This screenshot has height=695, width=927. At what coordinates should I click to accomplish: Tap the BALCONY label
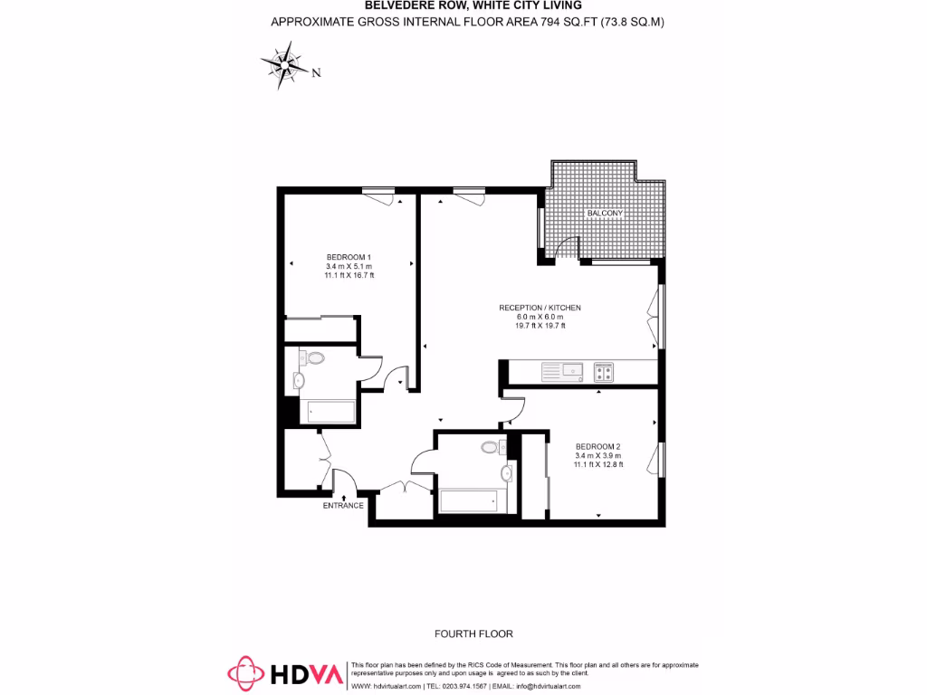point(605,213)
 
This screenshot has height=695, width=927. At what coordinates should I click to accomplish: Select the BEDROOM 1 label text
point(349,257)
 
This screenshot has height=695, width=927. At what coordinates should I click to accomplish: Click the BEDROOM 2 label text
point(598,447)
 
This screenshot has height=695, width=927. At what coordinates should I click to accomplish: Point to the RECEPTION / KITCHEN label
point(540,308)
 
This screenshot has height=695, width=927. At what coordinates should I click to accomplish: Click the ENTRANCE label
point(343,505)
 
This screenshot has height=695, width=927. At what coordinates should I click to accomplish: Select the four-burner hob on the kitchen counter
point(604,371)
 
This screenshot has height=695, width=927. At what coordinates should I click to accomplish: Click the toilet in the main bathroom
point(491,447)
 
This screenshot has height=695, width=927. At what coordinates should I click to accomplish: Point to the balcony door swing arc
point(569,245)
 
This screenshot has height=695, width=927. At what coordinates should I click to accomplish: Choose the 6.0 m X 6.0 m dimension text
point(540,317)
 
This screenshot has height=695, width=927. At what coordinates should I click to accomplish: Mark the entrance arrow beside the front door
point(343,495)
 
